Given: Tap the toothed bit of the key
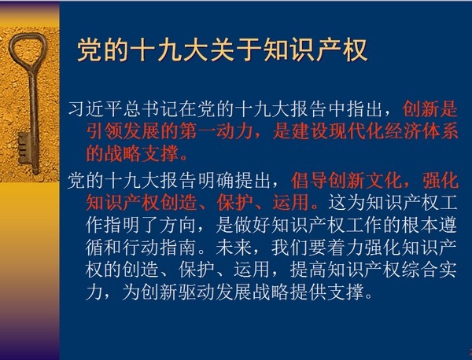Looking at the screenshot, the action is point(24,148).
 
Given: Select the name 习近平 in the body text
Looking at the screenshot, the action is point(95,108).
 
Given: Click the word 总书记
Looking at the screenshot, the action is point(151,108).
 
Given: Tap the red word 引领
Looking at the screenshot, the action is point(104,131).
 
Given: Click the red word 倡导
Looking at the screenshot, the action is point(309,181).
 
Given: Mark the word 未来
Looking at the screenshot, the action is point(234,248).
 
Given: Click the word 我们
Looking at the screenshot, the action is point(289,248).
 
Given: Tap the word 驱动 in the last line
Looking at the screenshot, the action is point(197,292).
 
